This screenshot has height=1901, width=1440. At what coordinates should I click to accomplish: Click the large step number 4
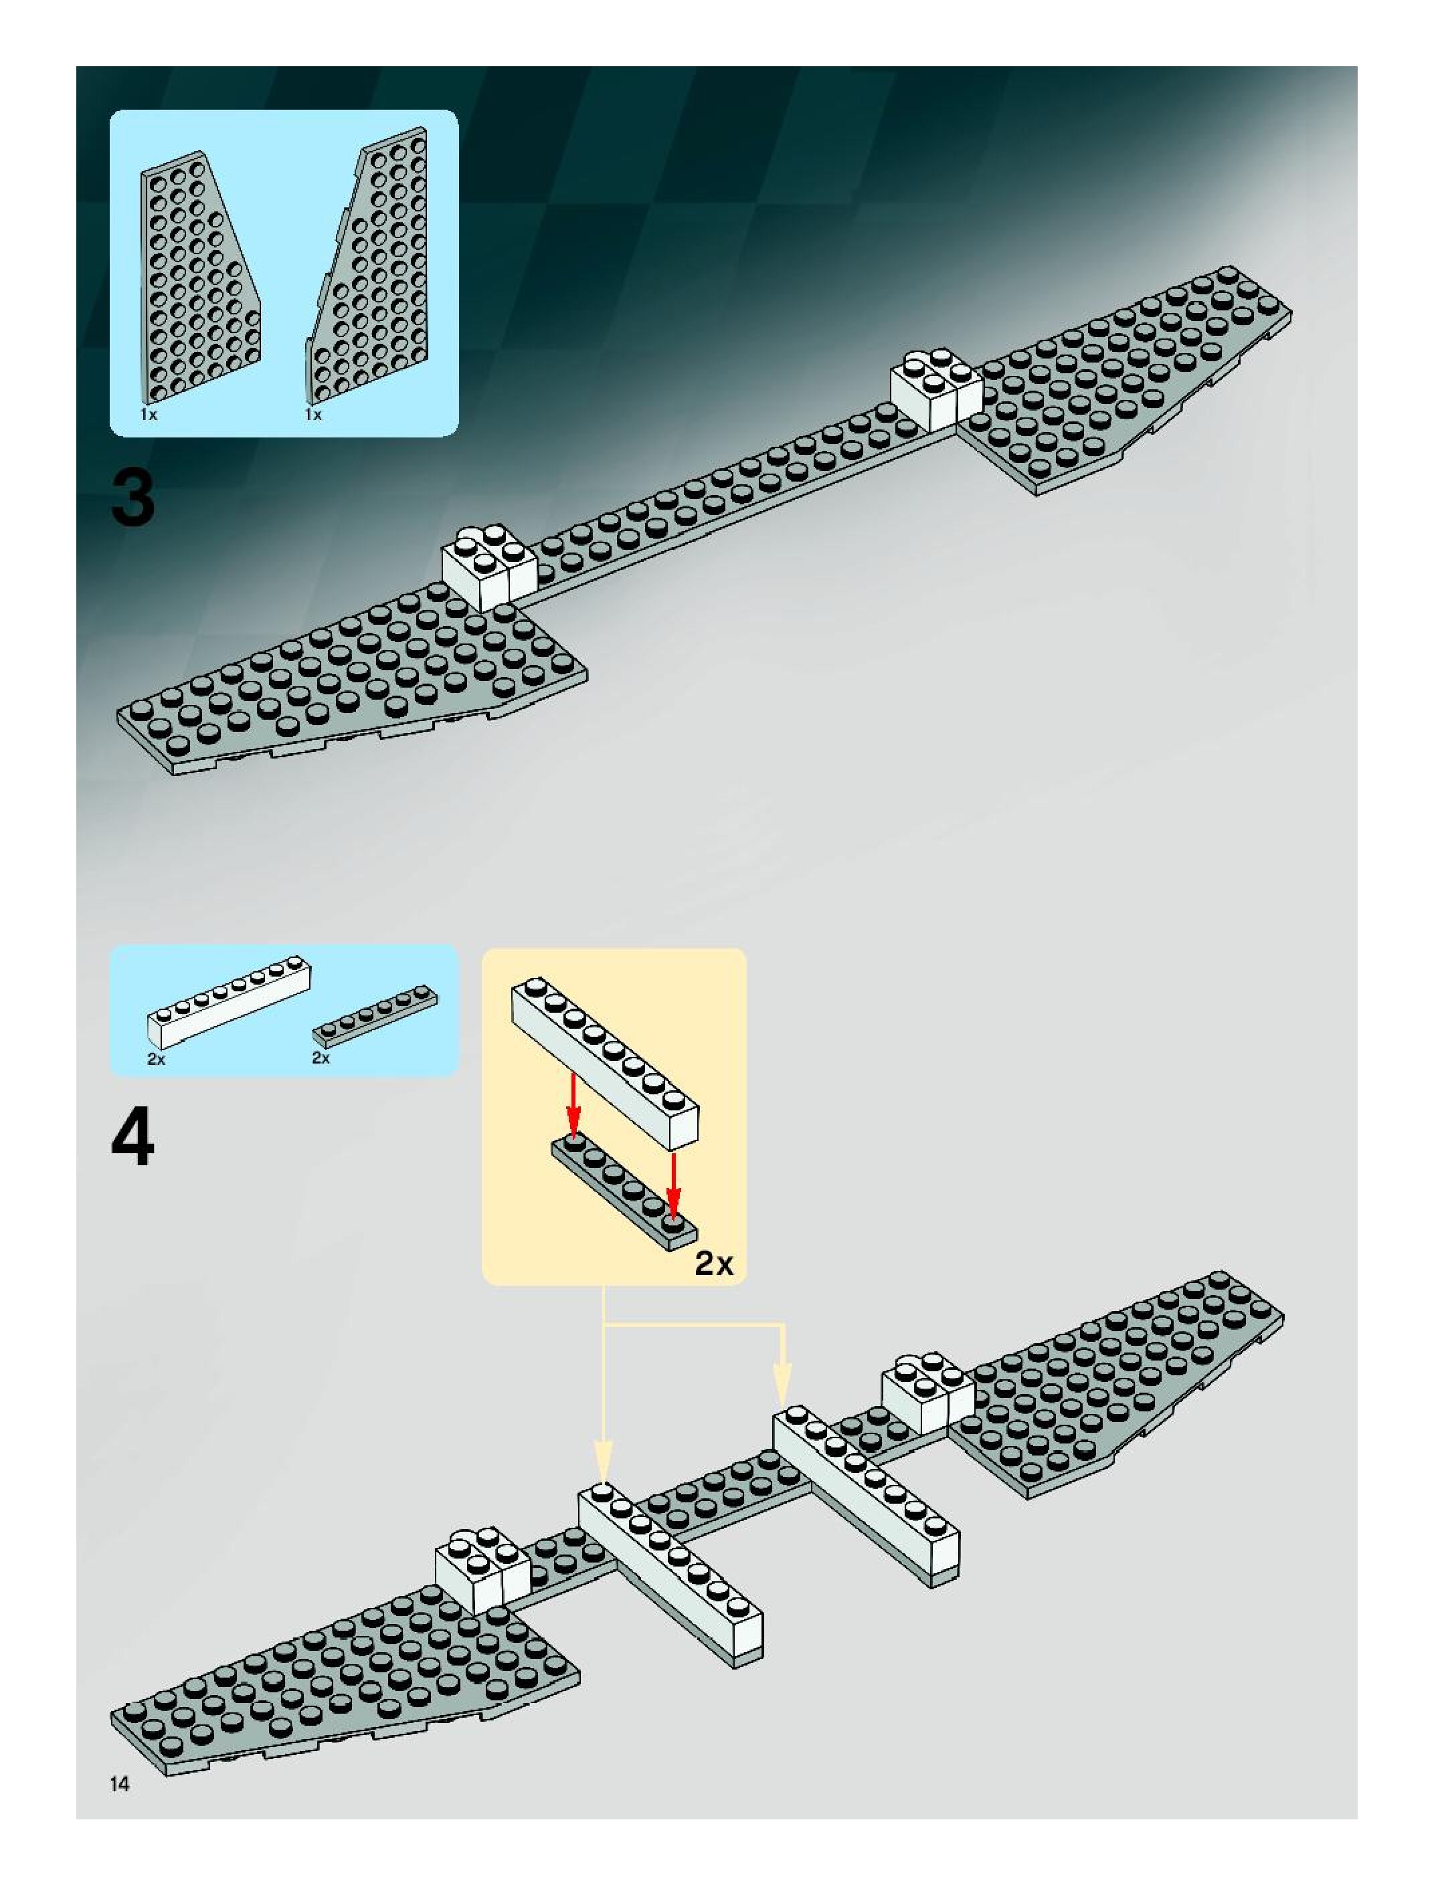click(133, 1138)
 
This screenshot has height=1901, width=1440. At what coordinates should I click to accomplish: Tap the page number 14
click(120, 1783)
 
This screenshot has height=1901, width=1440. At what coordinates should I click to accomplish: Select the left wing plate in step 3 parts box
click(196, 280)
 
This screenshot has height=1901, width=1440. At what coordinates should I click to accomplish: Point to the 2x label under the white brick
click(156, 1059)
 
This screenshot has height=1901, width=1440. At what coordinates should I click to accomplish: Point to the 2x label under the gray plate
click(321, 1058)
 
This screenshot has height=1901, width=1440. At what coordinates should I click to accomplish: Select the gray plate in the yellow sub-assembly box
click(623, 1190)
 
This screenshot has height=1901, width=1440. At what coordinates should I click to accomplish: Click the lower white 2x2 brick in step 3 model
click(488, 565)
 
